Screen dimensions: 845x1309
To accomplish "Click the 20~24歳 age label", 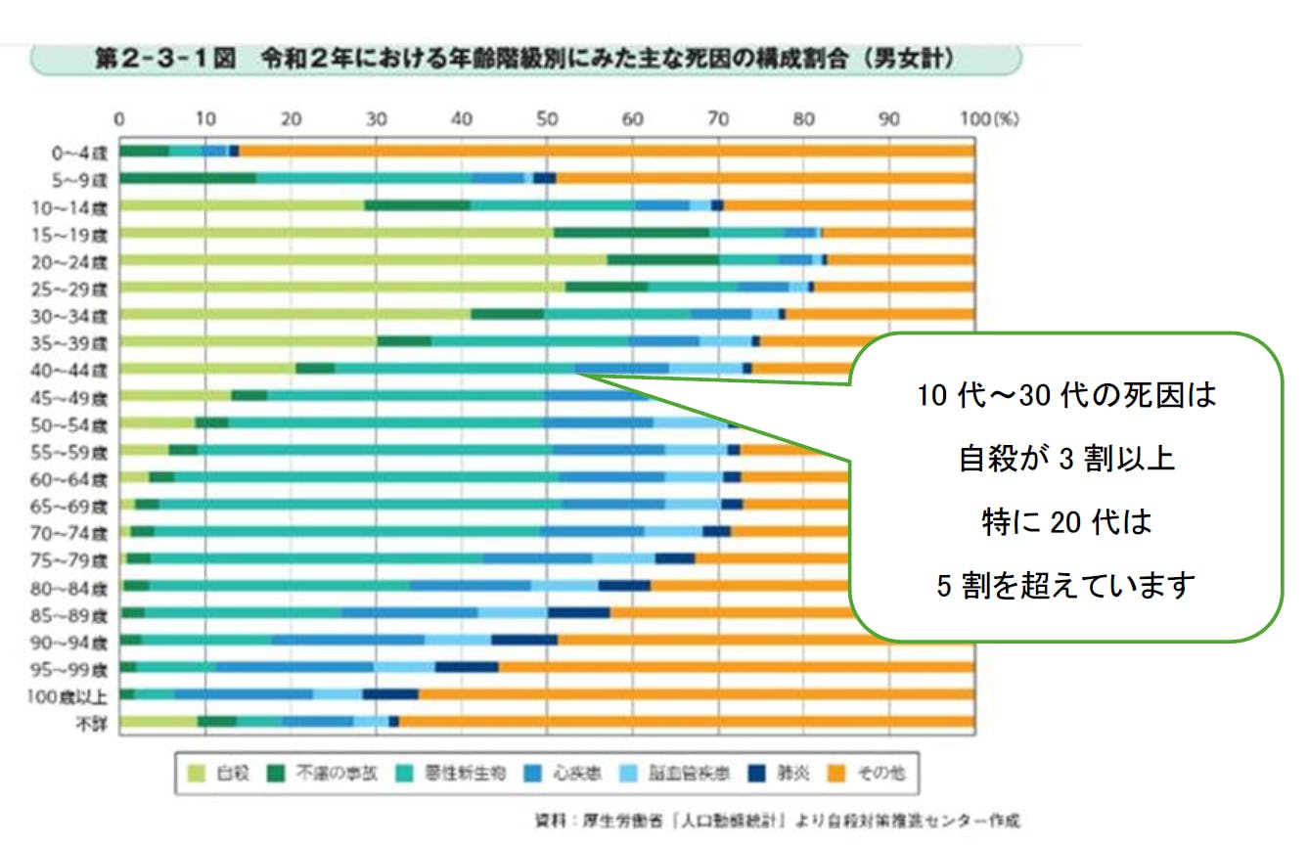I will (x=82, y=260).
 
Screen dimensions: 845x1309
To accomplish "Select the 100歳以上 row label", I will (x=79, y=696).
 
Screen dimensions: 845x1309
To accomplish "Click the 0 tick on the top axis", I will (x=119, y=120).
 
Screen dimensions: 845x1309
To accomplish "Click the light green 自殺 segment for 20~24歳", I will (x=362, y=260).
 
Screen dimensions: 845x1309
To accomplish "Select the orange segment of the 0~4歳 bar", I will (x=607, y=151).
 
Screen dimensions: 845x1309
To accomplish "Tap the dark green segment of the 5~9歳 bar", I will (x=187, y=178).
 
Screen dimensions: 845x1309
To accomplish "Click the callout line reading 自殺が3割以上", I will (x=1066, y=460).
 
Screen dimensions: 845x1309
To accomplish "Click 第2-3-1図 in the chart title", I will (x=166, y=60).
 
